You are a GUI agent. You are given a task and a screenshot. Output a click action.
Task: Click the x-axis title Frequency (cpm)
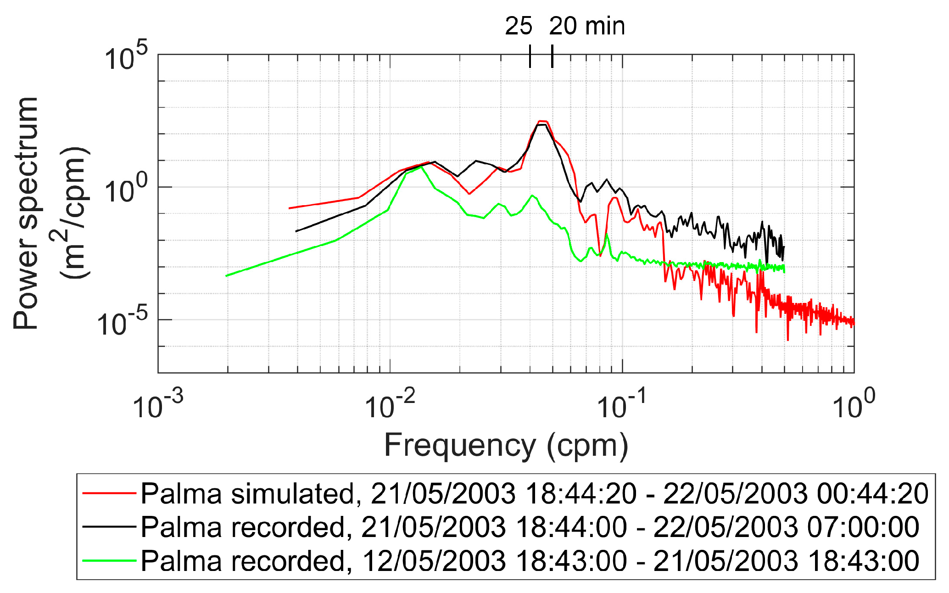(x=506, y=445)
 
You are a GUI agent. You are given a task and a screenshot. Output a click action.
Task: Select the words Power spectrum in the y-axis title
(x=26, y=213)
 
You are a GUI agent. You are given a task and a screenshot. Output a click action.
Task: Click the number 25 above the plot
(x=519, y=26)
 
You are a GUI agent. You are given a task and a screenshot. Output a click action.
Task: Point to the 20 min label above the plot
(x=587, y=26)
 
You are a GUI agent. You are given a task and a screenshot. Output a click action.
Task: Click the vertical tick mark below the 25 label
(x=530, y=56)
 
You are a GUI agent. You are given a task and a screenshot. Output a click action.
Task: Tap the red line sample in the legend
(x=109, y=493)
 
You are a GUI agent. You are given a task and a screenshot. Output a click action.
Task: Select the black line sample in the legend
(x=109, y=526)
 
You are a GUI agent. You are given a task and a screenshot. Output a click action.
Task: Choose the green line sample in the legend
(x=109, y=560)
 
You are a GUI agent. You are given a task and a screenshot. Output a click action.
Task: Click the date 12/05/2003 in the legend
(x=434, y=560)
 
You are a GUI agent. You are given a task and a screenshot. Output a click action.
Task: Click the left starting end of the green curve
(x=227, y=276)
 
